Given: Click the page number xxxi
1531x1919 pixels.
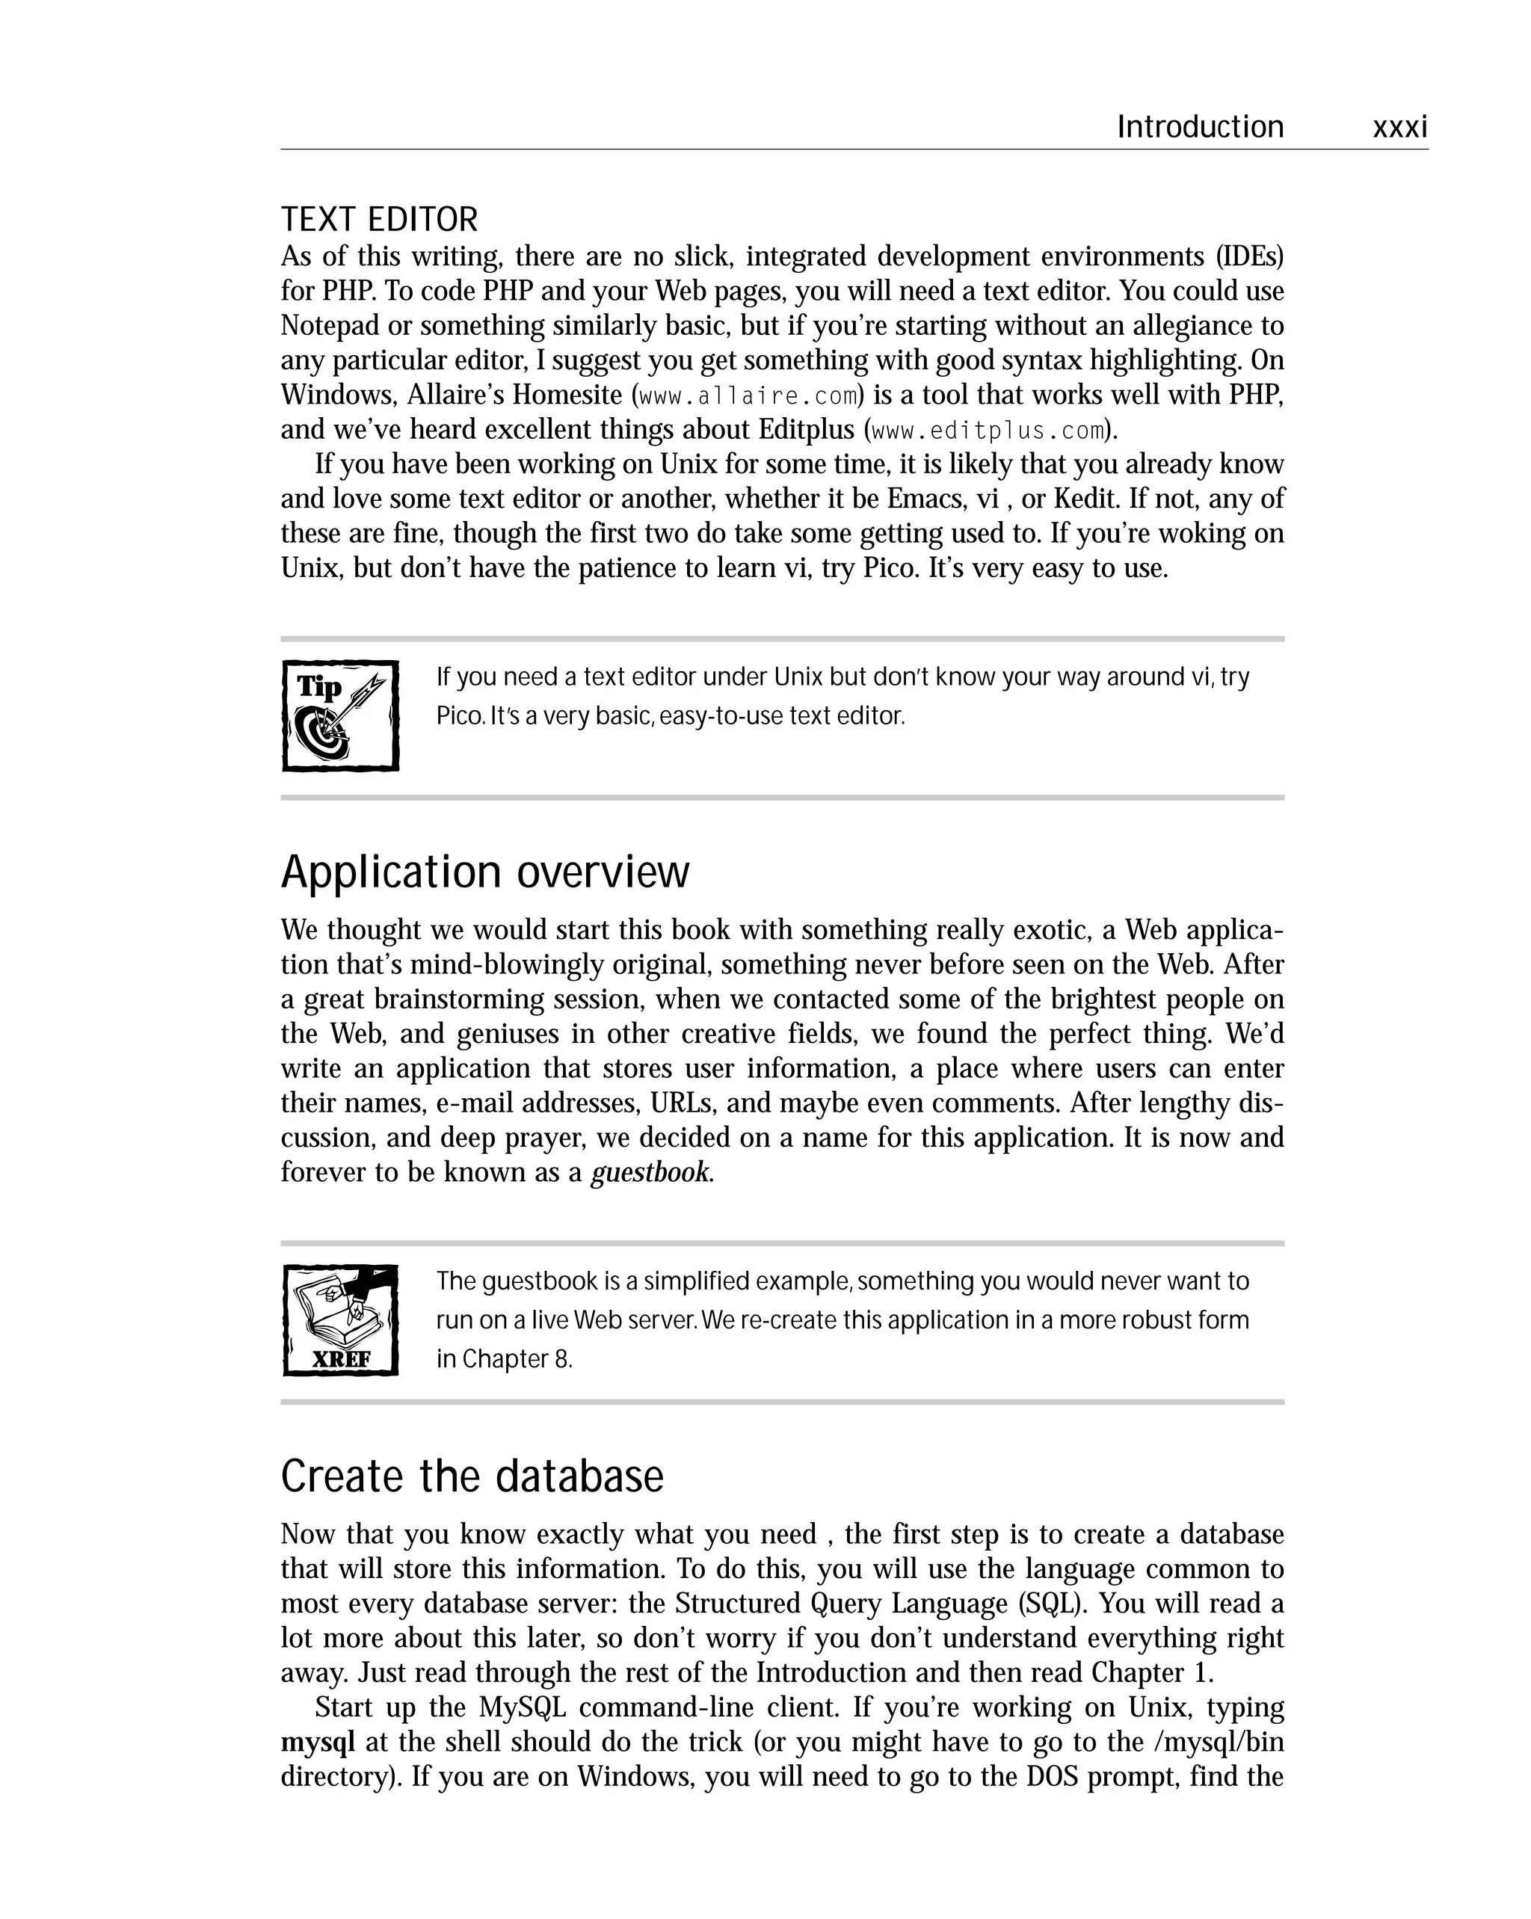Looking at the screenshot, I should click(x=1399, y=127).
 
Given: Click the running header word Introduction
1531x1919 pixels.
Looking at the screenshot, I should click(x=1200, y=127).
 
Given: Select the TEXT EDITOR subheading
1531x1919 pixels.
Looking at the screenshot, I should click(x=379, y=220).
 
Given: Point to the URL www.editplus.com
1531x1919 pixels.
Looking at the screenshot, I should click(x=987, y=431).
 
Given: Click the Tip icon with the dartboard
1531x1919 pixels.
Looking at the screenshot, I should click(x=340, y=715).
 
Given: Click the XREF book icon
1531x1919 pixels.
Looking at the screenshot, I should click(x=340, y=1320).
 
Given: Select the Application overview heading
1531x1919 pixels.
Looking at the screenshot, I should click(x=485, y=872).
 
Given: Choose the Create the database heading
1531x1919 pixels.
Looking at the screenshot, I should click(x=472, y=1476).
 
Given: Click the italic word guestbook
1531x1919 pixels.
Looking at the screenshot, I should click(x=650, y=1172).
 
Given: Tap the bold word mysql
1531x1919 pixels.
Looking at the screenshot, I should click(x=318, y=1742).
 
